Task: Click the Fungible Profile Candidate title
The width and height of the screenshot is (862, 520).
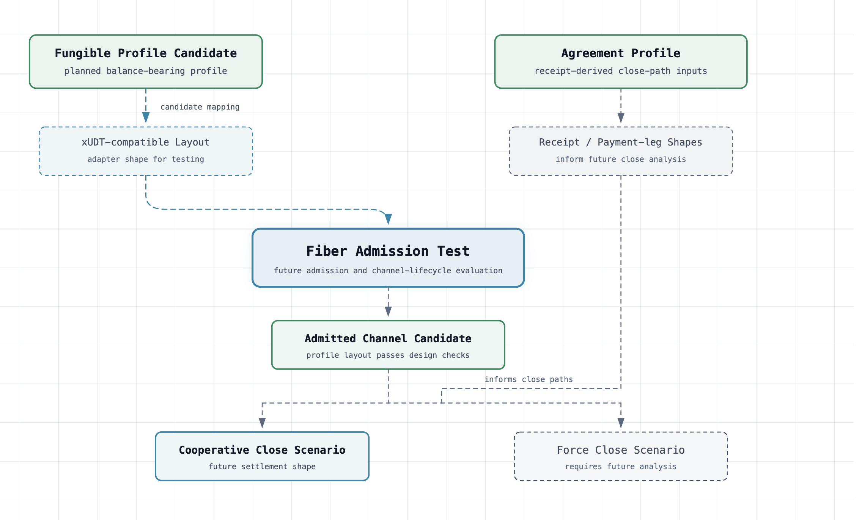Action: (x=146, y=53)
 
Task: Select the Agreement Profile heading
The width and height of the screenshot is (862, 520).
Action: (x=621, y=53)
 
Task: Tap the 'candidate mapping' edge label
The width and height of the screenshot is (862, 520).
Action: (x=200, y=107)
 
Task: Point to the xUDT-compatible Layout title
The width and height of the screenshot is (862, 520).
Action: (x=146, y=142)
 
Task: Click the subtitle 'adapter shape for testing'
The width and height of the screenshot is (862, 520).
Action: (x=146, y=159)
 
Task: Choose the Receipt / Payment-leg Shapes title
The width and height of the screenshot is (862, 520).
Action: (x=621, y=142)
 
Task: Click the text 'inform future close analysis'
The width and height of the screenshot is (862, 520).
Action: (x=621, y=159)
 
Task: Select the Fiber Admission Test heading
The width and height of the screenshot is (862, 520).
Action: (x=388, y=251)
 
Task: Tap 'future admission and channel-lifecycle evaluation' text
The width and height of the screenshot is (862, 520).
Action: (x=388, y=271)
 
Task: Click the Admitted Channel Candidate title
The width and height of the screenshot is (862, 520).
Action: (x=388, y=338)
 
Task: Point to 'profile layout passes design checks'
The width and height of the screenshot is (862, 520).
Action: (x=388, y=355)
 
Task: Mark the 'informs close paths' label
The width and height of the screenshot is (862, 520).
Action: (x=529, y=379)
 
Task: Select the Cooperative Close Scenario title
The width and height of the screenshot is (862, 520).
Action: (x=262, y=450)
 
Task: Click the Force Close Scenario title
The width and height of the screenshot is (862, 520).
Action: (x=621, y=450)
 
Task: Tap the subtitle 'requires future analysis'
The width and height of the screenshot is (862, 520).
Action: (x=621, y=467)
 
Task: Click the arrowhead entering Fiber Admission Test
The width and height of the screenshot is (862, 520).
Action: (x=388, y=219)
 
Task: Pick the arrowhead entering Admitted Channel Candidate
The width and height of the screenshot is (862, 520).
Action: (x=388, y=312)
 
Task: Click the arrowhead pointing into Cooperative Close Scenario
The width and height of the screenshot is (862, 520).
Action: (x=262, y=423)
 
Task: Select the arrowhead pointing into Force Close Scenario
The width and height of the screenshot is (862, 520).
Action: (x=621, y=423)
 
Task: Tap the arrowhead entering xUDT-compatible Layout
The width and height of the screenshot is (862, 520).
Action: (x=146, y=118)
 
